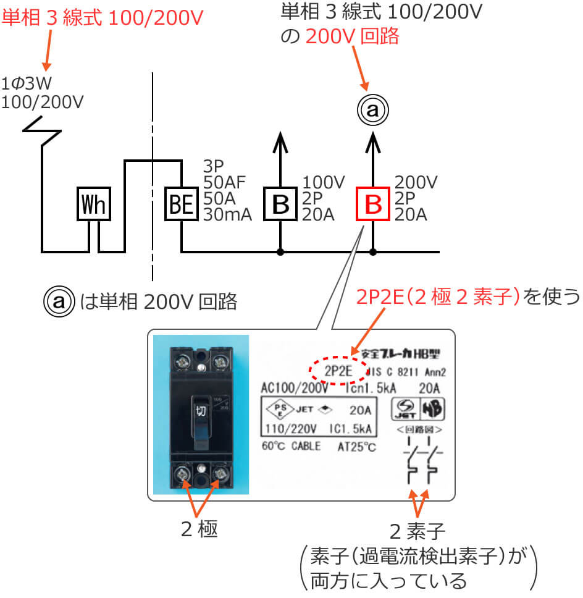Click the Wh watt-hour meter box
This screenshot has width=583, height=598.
[94, 204]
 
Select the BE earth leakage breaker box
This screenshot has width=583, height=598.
[181, 204]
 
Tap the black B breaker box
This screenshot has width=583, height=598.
[280, 204]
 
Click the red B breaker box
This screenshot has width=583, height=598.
[373, 204]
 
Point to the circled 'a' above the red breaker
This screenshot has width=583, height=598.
[372, 111]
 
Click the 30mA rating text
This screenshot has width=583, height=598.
[227, 215]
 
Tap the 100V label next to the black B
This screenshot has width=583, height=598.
[324, 182]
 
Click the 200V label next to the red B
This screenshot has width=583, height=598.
[416, 182]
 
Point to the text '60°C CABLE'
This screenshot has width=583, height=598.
[291, 445]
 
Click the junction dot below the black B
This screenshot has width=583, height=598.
[280, 252]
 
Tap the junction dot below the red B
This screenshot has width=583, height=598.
[373, 252]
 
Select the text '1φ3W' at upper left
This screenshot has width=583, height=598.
[27, 83]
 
